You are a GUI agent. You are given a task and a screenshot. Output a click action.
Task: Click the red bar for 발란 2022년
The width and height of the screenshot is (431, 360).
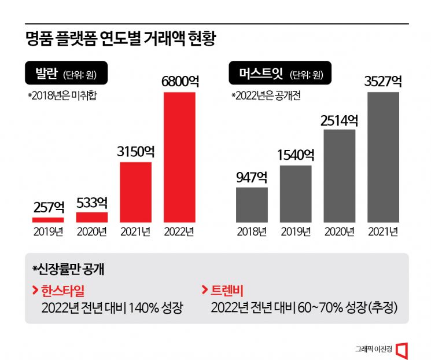[180, 156]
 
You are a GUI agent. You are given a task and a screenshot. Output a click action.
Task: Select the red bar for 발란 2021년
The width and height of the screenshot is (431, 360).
[135, 192]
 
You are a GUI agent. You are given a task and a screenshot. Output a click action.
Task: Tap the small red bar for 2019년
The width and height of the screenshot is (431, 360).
[47, 219]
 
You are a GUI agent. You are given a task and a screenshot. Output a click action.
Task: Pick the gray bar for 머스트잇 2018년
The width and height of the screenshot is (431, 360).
[252, 204]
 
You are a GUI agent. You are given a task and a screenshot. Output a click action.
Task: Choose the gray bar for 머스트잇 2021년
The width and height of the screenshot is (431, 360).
[383, 156]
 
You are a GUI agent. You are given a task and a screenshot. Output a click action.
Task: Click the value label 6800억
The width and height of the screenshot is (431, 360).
[180, 82]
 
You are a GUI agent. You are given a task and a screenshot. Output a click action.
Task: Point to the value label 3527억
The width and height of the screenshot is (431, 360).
[383, 82]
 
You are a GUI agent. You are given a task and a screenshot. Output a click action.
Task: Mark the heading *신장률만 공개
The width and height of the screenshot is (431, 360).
[69, 269]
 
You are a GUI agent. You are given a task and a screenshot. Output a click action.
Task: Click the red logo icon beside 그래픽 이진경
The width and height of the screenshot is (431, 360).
[403, 349]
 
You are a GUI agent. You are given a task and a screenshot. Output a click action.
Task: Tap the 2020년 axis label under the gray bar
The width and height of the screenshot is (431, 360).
[339, 232]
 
